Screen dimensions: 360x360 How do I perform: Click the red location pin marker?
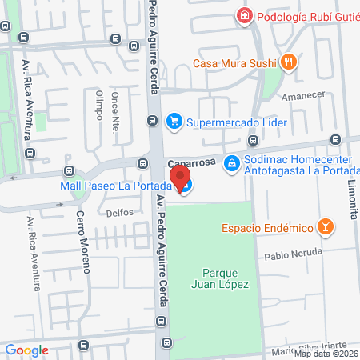[182, 178]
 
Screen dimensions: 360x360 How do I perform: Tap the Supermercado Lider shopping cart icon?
[174, 122]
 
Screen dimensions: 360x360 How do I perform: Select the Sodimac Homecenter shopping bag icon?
[230, 162]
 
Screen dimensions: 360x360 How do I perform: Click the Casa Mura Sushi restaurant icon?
[289, 62]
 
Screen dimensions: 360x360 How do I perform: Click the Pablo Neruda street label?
[294, 254]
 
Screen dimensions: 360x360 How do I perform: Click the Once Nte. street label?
[116, 106]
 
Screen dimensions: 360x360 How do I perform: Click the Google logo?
[27, 350]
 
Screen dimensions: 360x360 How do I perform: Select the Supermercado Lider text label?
[237, 122]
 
